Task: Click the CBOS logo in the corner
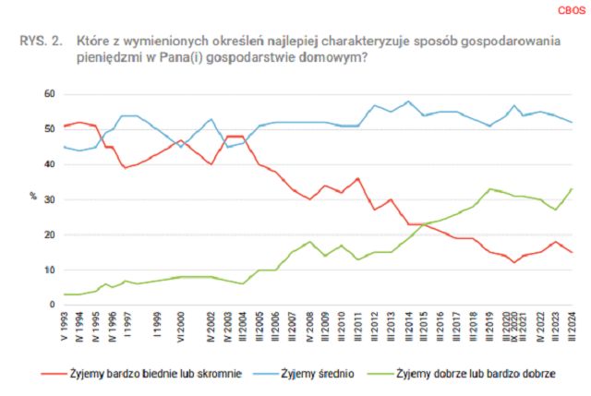point(565,11)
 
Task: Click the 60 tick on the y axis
point(48,94)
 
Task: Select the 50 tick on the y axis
point(48,129)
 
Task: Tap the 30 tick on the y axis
point(48,199)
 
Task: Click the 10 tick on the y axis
point(48,270)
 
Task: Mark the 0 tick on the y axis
point(51,305)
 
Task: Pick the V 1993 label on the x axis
point(64,327)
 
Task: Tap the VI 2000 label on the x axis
point(181,327)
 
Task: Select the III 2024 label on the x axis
point(573,327)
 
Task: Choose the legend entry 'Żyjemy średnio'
point(320,374)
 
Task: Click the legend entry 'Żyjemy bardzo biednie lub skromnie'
point(146,374)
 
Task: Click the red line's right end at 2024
point(573,252)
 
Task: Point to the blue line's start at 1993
point(64,147)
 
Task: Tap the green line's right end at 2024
point(573,188)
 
